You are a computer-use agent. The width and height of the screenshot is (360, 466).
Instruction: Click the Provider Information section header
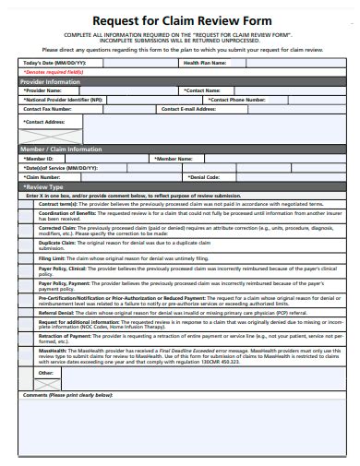click(x=53, y=81)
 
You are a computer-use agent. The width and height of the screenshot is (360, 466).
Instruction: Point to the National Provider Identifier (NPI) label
click(x=64, y=100)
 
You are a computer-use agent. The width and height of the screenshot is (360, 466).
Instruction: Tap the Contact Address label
click(x=45, y=122)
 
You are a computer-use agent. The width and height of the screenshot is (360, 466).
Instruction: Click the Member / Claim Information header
click(x=61, y=149)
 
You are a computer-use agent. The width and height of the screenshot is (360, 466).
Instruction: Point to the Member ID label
click(x=39, y=158)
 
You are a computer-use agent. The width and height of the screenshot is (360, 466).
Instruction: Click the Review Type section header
click(x=43, y=185)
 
